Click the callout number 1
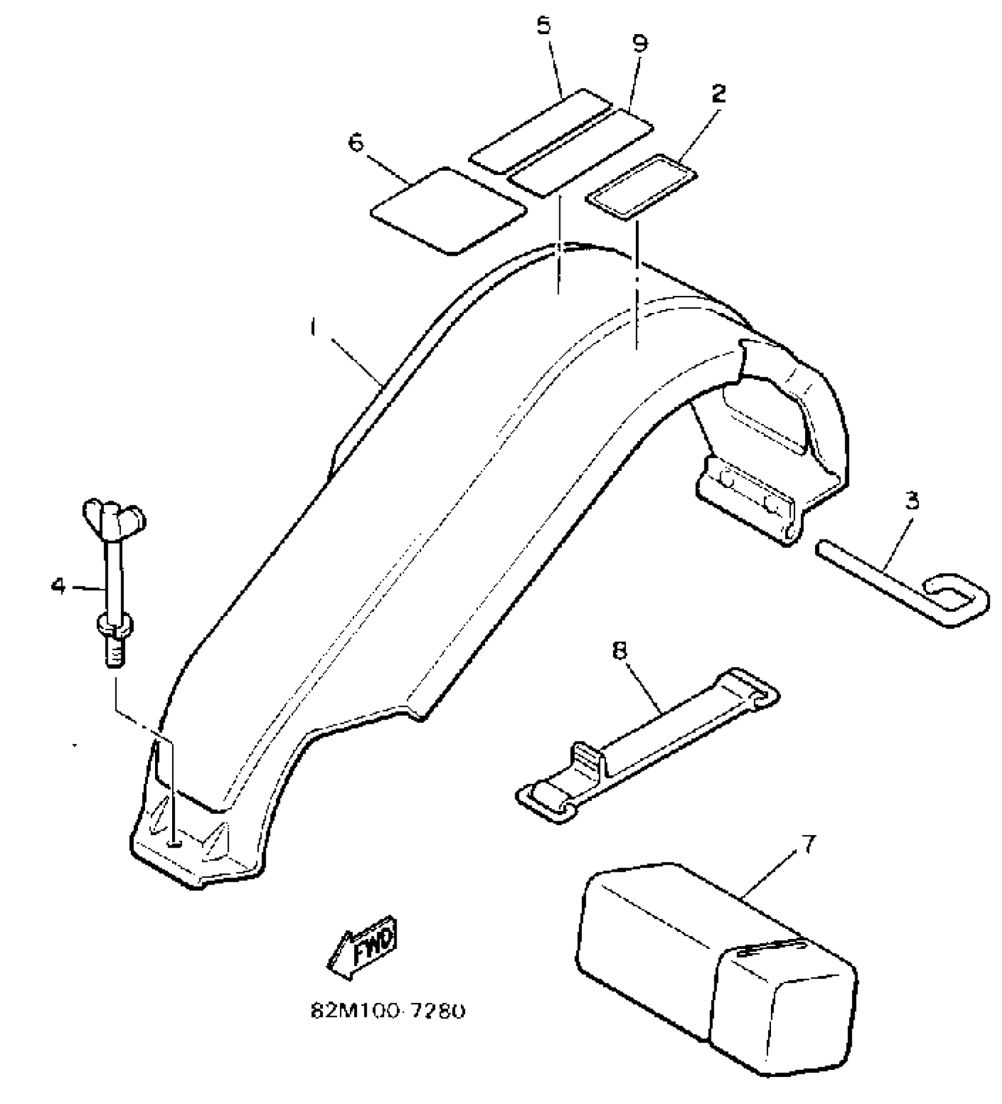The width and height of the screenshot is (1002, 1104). pyautogui.click(x=314, y=328)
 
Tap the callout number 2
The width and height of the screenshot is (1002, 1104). pyautogui.click(x=718, y=94)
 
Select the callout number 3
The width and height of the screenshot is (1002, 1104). pyautogui.click(x=911, y=501)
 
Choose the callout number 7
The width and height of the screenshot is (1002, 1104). pyautogui.click(x=809, y=846)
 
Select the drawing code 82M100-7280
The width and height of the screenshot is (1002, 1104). pyautogui.click(x=388, y=1011)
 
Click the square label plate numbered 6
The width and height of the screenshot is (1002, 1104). pyautogui.click(x=448, y=210)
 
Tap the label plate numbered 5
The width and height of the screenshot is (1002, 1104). pyautogui.click(x=539, y=131)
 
